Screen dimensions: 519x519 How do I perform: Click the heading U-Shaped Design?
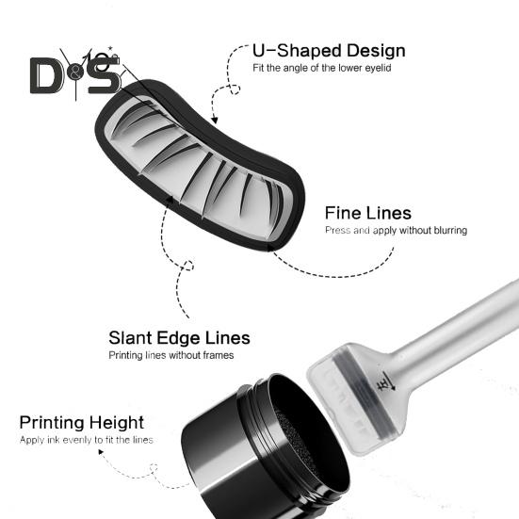[x=329, y=51]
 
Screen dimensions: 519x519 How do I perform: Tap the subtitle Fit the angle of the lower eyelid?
[x=322, y=68]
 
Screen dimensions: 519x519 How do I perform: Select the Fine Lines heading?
[x=368, y=213]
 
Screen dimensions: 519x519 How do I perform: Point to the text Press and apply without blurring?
[x=396, y=230]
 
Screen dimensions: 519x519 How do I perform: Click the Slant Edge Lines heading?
[x=179, y=338]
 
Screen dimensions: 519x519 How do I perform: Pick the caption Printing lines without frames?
[x=171, y=355]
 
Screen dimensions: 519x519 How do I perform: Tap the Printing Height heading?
[x=81, y=423]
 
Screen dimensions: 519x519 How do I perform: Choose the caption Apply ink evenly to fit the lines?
[x=86, y=440]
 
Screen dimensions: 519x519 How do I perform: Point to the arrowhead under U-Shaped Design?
[x=215, y=120]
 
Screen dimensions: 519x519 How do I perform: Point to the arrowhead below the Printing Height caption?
[x=101, y=452]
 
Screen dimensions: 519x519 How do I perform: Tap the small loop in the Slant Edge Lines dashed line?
[x=188, y=266]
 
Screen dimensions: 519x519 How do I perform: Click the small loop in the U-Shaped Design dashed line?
[x=235, y=89]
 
